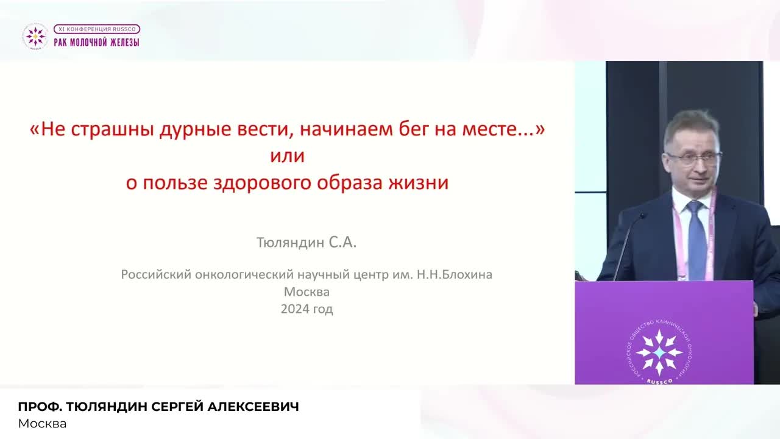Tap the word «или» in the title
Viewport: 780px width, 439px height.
[x=287, y=156]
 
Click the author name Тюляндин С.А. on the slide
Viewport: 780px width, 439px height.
[x=307, y=243]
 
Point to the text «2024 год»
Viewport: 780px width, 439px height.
[x=307, y=309]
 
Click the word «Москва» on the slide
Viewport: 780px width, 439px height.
[x=307, y=291]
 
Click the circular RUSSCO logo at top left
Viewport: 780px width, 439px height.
[x=35, y=37]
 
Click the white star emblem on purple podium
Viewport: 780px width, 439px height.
[x=659, y=352]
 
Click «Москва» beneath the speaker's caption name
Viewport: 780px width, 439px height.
[x=42, y=423]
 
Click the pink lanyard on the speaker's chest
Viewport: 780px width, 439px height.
[x=676, y=244]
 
